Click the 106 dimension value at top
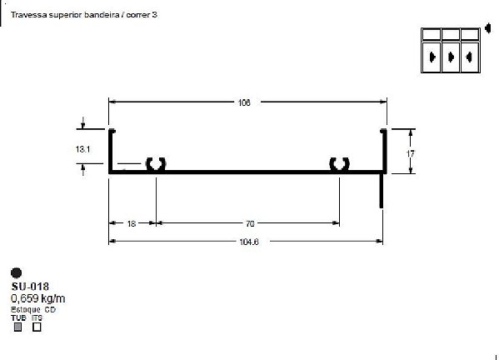click(244, 102)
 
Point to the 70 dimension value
click(249, 223)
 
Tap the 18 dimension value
click(132, 223)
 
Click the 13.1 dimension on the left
click(82, 148)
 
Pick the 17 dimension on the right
click(411, 153)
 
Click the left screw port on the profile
click(155, 164)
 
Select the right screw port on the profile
click(339, 164)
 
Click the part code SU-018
click(30, 287)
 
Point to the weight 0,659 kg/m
click(38, 297)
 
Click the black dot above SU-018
click(17, 272)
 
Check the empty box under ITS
click(37, 327)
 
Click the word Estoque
click(24, 308)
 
